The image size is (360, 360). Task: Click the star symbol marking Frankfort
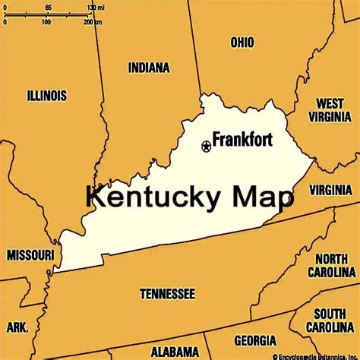[x=206, y=146]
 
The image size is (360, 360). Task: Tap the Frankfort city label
[x=242, y=140]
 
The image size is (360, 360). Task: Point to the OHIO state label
[x=242, y=43]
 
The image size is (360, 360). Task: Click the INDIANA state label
[x=149, y=68]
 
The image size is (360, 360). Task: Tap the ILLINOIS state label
[x=46, y=96]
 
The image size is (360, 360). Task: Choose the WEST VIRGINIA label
[x=330, y=109]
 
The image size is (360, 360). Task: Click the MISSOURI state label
[x=30, y=255]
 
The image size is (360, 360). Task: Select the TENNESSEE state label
[x=167, y=293]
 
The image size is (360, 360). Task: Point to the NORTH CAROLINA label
[x=332, y=265]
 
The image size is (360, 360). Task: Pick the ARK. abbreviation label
[x=17, y=327]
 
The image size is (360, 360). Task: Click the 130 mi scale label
[x=96, y=7]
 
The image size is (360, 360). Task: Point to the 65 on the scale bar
[x=49, y=7]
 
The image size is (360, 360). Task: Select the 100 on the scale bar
[x=46, y=22]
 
